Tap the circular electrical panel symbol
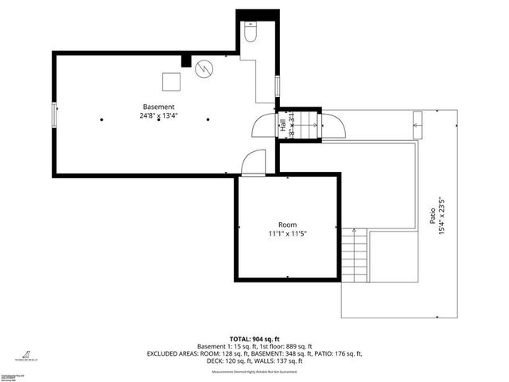coord(204,69)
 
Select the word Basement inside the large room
coord(158,107)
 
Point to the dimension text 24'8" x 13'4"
coord(158,116)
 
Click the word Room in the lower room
coord(287,225)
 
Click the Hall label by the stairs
coord(282,125)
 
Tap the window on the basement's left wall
coord(54,115)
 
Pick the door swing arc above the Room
coord(254,162)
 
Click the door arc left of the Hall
coord(263,126)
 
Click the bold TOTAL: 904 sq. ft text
coord(254,338)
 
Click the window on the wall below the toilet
coord(277,85)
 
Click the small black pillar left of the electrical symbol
coord(186,60)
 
